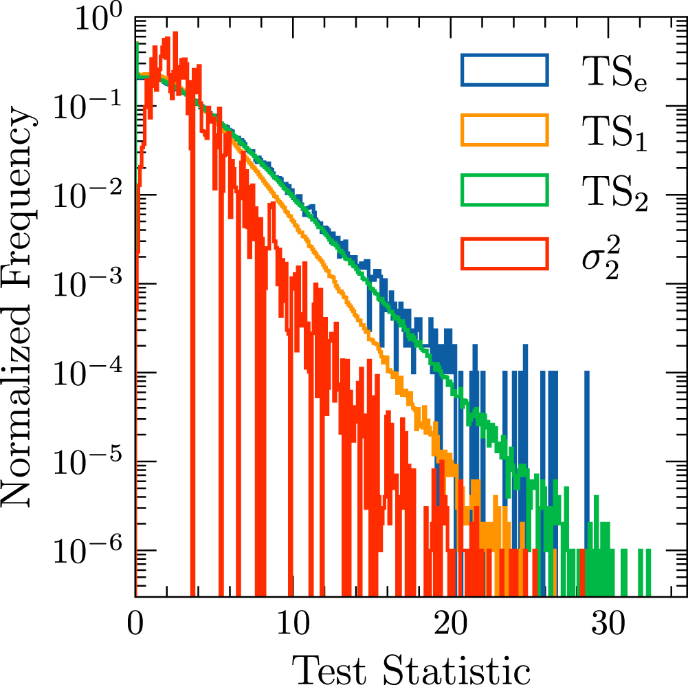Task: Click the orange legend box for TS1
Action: (x=505, y=130)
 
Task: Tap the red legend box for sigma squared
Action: (x=505, y=252)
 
